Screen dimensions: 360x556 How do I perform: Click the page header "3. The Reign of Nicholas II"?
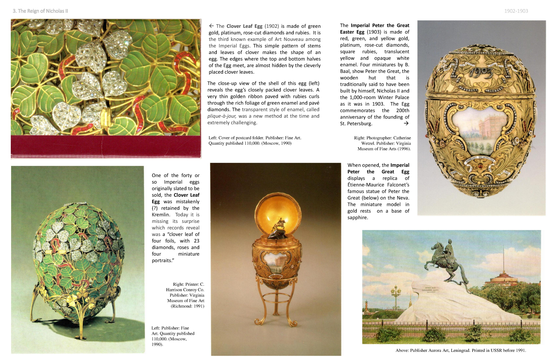click(40, 11)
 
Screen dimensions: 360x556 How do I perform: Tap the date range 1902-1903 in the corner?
click(516, 11)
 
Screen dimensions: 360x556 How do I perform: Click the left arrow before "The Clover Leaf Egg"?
click(211, 26)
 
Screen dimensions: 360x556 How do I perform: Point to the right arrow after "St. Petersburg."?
click(406, 123)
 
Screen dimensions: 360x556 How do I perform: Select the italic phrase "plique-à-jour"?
click(222, 116)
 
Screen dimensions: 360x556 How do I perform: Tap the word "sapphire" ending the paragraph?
click(357, 218)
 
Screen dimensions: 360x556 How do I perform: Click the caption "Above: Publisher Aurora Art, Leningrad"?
click(460, 351)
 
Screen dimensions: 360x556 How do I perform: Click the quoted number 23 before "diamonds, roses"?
click(197, 241)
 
